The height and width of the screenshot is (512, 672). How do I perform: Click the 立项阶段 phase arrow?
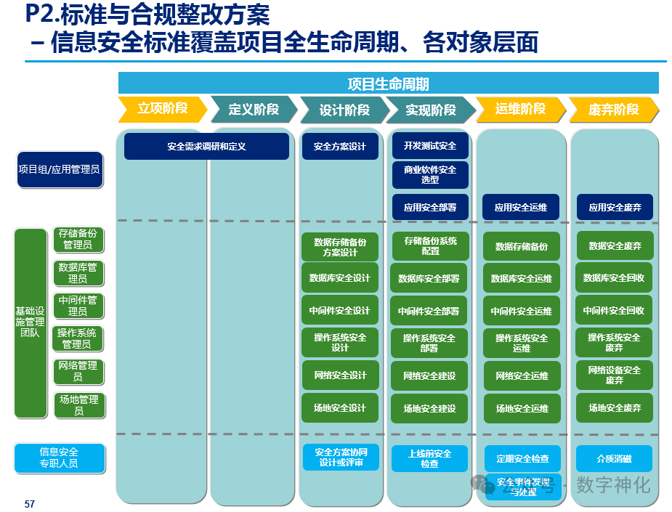pyautogui.click(x=162, y=109)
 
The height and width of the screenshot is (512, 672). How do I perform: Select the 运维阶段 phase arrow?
pyautogui.click(x=520, y=109)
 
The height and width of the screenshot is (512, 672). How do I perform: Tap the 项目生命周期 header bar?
pyautogui.click(x=388, y=84)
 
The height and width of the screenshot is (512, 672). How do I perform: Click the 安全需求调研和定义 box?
pyautogui.click(x=206, y=146)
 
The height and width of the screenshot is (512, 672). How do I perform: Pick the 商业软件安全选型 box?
pyautogui.click(x=430, y=174)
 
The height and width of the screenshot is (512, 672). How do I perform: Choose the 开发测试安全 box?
pyautogui.click(x=430, y=146)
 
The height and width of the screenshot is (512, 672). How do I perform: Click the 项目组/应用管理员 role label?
pyautogui.click(x=59, y=169)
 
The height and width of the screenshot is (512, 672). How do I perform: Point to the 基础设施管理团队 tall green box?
pyautogui.click(x=31, y=322)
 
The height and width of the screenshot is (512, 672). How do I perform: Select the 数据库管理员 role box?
pyautogui.click(x=78, y=273)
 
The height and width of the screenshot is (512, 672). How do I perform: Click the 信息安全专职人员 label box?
pyautogui.click(x=59, y=458)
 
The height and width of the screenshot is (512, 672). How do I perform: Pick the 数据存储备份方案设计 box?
pyautogui.click(x=340, y=247)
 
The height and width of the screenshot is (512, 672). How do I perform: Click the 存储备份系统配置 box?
pyautogui.click(x=430, y=246)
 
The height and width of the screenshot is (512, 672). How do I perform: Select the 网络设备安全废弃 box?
pyautogui.click(x=615, y=375)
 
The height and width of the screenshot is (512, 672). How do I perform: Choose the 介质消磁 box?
pyautogui.click(x=615, y=458)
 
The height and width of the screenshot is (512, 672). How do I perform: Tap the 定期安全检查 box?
pyautogui.click(x=522, y=459)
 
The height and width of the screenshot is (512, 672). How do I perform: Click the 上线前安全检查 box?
pyautogui.click(x=429, y=458)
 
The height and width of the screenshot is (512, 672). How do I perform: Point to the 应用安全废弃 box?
pyautogui.click(x=615, y=207)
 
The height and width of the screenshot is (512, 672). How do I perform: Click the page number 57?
pyautogui.click(x=30, y=504)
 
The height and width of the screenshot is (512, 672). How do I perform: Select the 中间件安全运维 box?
pyautogui.click(x=522, y=311)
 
